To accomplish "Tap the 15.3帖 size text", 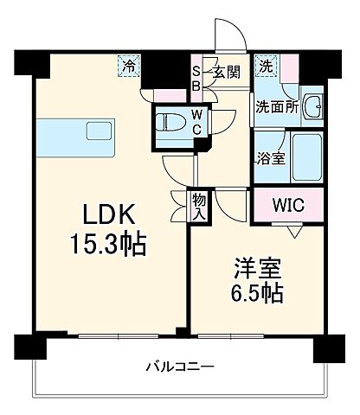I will tap(107, 244).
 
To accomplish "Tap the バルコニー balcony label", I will tap(179, 367).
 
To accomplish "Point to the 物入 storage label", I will tap(199, 206).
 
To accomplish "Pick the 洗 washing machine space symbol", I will tap(265, 65).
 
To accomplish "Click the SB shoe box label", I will tap(196, 79).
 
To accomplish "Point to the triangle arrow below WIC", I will tap(295, 231).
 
